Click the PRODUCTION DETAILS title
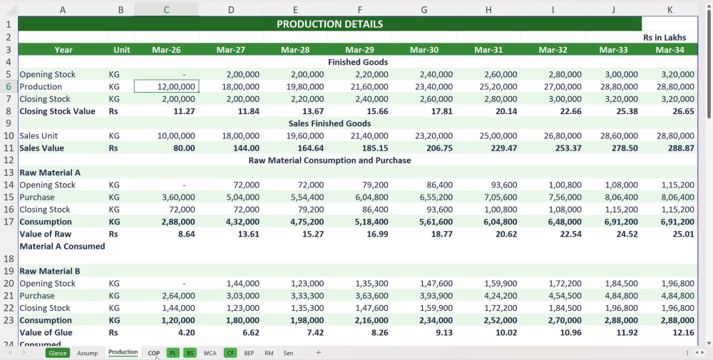pyautogui.click(x=329, y=24)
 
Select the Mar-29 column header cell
pyautogui.click(x=359, y=50)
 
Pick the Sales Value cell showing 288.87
pyautogui.click(x=681, y=148)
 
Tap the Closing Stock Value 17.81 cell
pyautogui.click(x=440, y=111)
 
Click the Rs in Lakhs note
pyautogui.click(x=665, y=37)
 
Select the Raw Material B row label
pyautogui.click(x=50, y=271)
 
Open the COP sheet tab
pyautogui.click(x=154, y=353)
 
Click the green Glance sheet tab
pyautogui.click(x=58, y=353)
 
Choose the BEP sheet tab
pyautogui.click(x=249, y=353)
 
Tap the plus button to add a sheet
pyautogui.click(x=318, y=352)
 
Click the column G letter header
pyautogui.click(x=424, y=9)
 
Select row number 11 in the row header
pyautogui.click(x=9, y=148)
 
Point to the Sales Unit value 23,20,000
pyautogui.click(x=434, y=135)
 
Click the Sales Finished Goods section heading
pyautogui.click(x=329, y=123)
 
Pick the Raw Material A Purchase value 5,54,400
pyautogui.click(x=307, y=197)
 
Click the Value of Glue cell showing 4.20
pyautogui.click(x=186, y=332)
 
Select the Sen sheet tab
pyautogui.click(x=288, y=353)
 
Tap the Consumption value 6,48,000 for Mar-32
pyautogui.click(x=564, y=222)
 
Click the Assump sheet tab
pyautogui.click(x=87, y=353)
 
